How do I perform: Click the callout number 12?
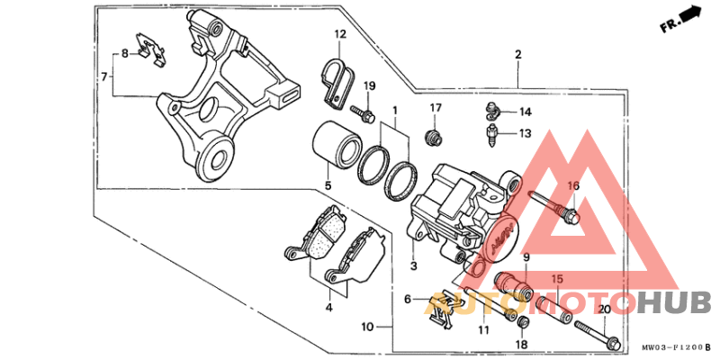tap(341, 35)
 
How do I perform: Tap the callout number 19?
tap(370, 85)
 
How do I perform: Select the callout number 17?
tap(436, 108)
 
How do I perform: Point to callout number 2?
tap(518, 55)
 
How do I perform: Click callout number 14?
tap(525, 112)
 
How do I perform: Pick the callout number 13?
tap(525, 133)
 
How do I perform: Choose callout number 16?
tap(572, 186)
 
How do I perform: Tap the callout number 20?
tap(604, 310)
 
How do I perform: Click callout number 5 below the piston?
tap(328, 186)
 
